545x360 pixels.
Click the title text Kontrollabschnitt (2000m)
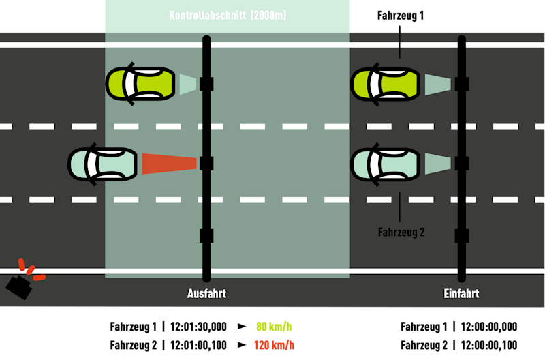point(228,15)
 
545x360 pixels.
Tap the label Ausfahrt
point(206,294)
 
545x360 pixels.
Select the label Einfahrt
point(461,294)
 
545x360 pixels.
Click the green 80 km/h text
point(274,327)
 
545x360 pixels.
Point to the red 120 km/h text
point(274,345)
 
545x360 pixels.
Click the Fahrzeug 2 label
point(401,232)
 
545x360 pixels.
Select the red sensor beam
point(169,164)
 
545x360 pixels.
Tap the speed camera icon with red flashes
point(21,284)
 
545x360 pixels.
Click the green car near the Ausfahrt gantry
point(140,84)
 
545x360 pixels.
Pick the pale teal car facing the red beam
point(103,164)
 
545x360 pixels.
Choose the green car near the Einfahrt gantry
point(385,84)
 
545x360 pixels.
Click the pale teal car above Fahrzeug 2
point(385,164)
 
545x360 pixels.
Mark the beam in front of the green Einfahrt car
point(437,85)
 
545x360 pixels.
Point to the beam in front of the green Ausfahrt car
point(187,85)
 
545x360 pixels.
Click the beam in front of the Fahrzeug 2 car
point(437,164)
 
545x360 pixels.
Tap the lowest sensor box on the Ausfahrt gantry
point(206,236)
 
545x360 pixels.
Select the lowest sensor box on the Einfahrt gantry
point(462,236)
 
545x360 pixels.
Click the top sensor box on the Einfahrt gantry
point(462,84)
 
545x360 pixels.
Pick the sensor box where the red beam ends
point(206,164)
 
